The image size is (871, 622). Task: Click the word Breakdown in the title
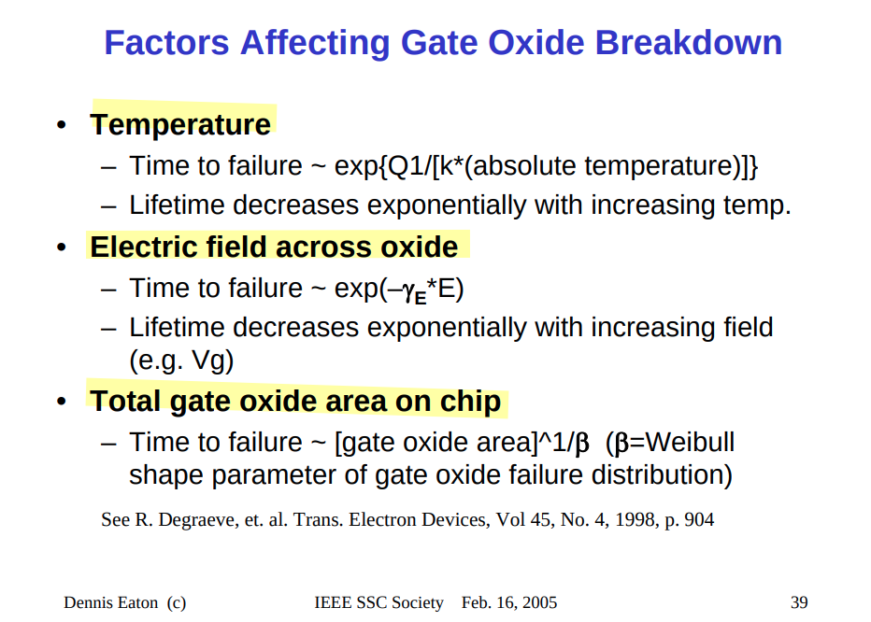(688, 42)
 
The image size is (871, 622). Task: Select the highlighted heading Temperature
(180, 124)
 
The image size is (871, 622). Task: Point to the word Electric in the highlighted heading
(143, 247)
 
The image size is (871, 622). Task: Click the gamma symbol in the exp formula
(407, 291)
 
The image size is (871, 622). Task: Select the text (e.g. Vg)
(181, 361)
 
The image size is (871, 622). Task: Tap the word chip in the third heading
(470, 402)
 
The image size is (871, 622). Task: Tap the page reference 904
(699, 520)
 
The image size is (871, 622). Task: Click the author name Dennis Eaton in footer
(110, 602)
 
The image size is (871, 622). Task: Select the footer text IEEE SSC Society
(378, 602)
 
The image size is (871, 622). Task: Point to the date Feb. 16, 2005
(508, 602)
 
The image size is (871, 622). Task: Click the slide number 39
(799, 602)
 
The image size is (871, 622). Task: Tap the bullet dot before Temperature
(62, 124)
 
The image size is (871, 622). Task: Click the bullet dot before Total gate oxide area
(62, 401)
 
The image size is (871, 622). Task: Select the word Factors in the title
(166, 42)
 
